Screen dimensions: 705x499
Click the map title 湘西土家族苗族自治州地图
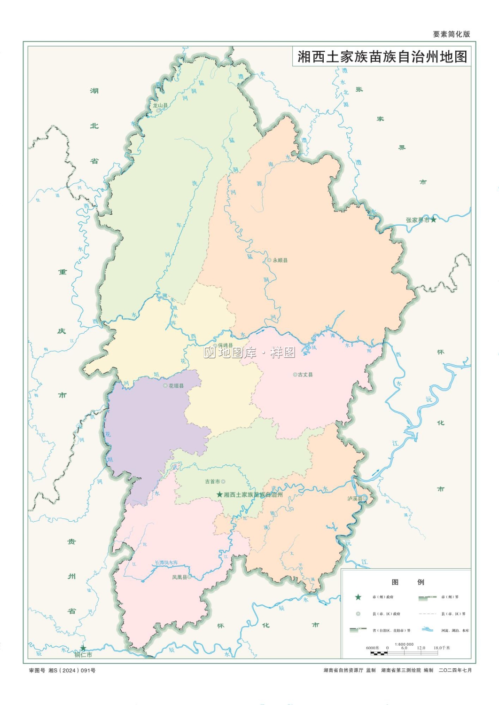pos(382,57)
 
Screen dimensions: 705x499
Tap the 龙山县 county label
pos(160,105)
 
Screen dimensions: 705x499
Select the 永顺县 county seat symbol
pos(269,260)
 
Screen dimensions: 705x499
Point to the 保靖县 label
pos(225,345)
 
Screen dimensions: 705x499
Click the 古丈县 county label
pos(305,375)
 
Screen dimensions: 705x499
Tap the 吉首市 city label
pos(212,481)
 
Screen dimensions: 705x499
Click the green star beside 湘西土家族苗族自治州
pos(219,494)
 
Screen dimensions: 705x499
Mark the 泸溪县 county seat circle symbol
pos(365,498)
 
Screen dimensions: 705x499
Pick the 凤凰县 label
pos(179,577)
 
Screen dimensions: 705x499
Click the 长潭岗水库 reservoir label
pos(166,563)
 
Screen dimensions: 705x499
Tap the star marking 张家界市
pos(433,219)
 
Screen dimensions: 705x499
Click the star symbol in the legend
pos(358,597)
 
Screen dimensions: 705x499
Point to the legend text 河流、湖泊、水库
pos(455,630)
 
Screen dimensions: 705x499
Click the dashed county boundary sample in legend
pos(427,614)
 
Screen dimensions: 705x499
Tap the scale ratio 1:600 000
pos(404,644)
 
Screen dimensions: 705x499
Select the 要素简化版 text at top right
pos(451,34)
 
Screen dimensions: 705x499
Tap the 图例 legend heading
pos(407,582)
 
